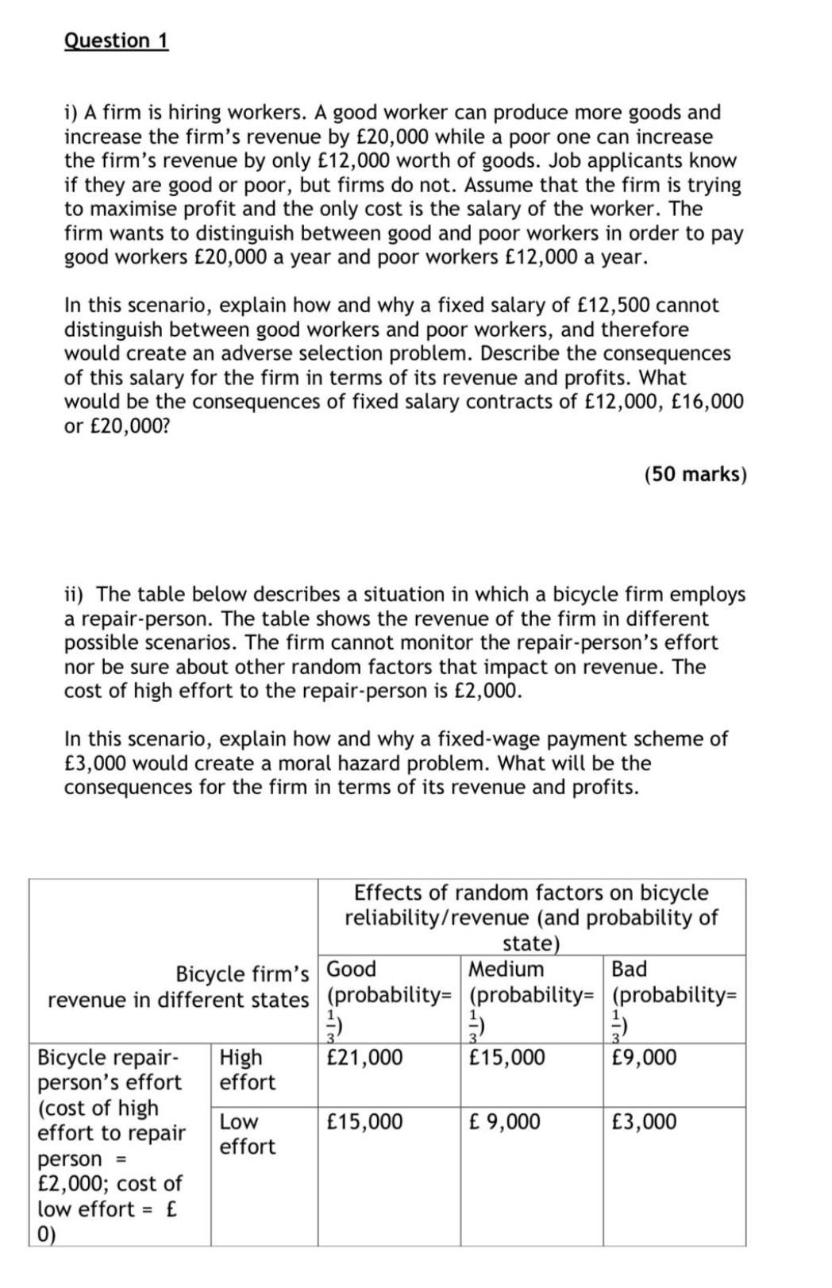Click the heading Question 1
(116, 40)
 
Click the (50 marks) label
(695, 474)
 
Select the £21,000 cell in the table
(364, 1058)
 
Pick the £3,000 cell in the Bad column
(644, 1122)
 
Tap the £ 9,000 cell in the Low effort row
(504, 1122)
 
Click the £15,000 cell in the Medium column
(507, 1058)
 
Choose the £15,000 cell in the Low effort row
(364, 1122)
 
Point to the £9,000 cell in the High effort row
(644, 1058)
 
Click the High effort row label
(247, 1070)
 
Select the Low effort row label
(247, 1134)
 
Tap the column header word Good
(352, 969)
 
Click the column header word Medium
(506, 969)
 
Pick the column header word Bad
(629, 969)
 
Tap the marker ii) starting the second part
(77, 595)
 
